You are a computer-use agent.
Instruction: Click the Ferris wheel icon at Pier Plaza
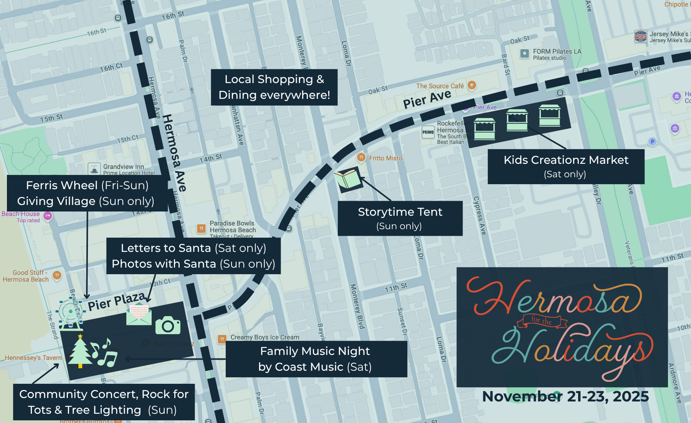tap(70, 313)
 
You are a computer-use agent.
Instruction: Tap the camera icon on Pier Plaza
tap(168, 326)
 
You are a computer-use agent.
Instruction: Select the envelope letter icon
tap(139, 314)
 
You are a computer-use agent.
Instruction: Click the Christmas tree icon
tap(80, 352)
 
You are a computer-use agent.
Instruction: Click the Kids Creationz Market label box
tap(565, 167)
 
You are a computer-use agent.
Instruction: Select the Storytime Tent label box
tap(400, 218)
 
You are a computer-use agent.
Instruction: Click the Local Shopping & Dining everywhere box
tap(274, 87)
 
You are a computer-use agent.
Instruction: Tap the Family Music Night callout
tap(316, 359)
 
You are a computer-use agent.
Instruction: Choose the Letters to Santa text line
tap(193, 248)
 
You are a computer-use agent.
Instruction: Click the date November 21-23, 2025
tap(565, 396)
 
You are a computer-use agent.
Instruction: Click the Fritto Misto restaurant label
tap(385, 158)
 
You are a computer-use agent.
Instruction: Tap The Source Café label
tap(440, 86)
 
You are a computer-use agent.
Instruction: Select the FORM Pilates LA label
tap(557, 52)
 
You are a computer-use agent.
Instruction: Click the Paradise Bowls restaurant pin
tap(201, 228)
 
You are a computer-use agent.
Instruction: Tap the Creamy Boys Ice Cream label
tap(264, 337)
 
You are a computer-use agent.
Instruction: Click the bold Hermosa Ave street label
tap(174, 153)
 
